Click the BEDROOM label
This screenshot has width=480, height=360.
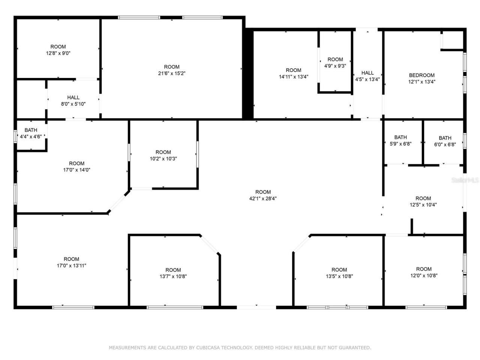coord(422,75)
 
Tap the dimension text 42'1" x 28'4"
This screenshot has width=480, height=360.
coord(263,199)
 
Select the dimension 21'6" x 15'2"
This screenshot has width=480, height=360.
coord(172,73)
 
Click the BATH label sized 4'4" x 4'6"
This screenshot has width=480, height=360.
coord(31,130)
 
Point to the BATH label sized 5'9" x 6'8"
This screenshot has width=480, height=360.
coord(400,137)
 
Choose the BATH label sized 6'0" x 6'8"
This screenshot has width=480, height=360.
coord(445,138)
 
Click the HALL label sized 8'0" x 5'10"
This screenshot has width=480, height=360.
coord(73,97)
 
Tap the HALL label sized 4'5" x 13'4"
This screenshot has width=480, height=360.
coord(367,73)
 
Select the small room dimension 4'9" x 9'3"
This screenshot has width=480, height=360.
coord(335,66)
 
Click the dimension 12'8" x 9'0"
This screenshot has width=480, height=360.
coord(58,53)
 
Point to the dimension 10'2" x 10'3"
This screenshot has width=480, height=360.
coord(163,159)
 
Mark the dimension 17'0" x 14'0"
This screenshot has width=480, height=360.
coord(76,170)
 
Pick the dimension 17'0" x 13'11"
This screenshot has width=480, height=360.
coord(71,265)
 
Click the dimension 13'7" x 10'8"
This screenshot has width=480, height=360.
coord(173,276)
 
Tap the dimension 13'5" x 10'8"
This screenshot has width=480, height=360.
coord(339,276)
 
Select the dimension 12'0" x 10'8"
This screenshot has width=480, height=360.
coord(424,276)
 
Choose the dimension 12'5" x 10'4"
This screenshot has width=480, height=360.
coord(423,205)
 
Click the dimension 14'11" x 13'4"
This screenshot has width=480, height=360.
coord(293,76)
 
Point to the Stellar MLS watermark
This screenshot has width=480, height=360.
coord(465,180)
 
